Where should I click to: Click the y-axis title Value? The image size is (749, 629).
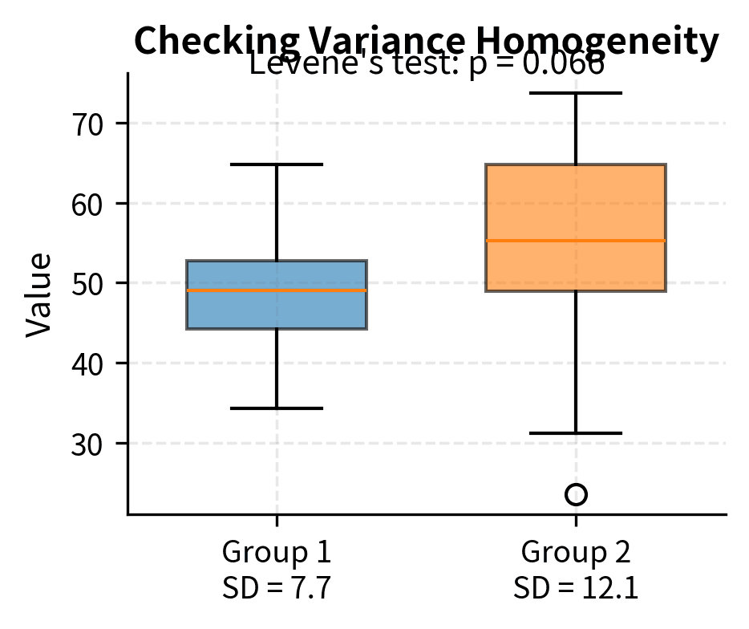[38, 294]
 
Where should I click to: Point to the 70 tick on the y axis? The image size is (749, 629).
[88, 124]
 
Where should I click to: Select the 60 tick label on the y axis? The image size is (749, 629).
[88, 204]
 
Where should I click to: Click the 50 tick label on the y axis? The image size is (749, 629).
[88, 283]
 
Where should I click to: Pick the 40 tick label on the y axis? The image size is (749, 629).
[88, 363]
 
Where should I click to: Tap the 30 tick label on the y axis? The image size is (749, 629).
[88, 444]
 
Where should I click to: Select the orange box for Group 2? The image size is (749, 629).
[576, 201]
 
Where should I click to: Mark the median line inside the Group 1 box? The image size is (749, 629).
[277, 290]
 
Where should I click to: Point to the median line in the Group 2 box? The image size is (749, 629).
[576, 241]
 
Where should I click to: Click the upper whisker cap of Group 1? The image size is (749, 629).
[277, 164]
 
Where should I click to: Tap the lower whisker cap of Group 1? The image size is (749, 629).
[277, 408]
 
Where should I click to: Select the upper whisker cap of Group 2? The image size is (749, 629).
[576, 93]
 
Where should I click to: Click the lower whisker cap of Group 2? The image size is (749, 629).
[576, 433]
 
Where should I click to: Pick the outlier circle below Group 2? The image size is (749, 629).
[576, 494]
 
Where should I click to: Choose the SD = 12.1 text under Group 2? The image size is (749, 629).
[576, 589]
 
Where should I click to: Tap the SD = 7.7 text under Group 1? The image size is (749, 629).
[277, 589]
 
